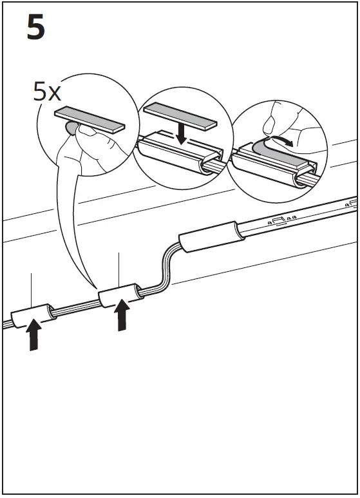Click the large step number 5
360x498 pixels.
coord(36,29)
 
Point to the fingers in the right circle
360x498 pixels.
coord(283,119)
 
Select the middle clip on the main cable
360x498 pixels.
coord(118,296)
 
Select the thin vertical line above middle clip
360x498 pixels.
coord(119,271)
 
